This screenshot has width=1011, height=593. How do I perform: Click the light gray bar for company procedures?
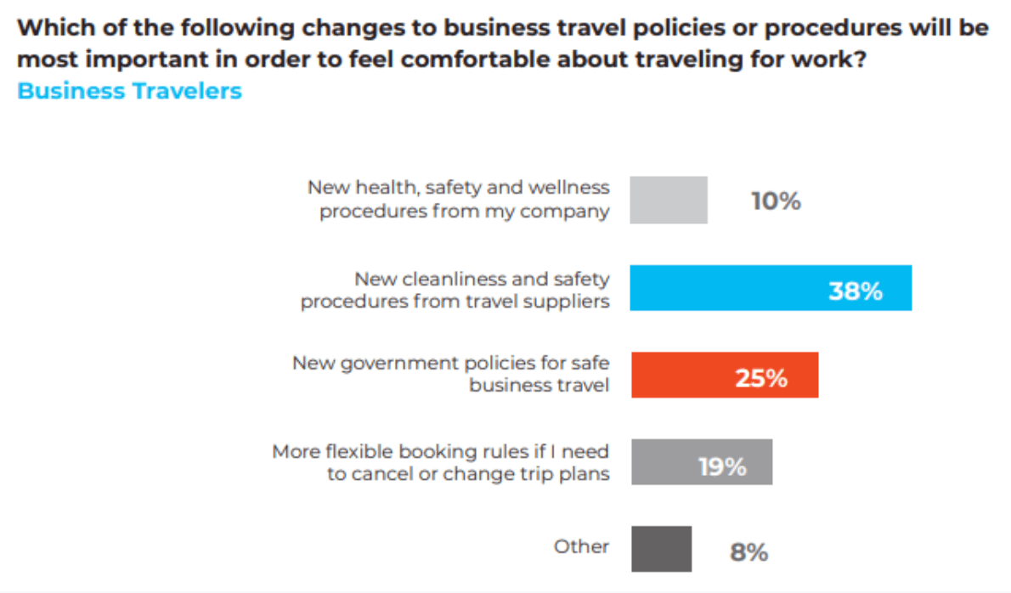pos(668,200)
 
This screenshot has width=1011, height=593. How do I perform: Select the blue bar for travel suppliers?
pos(770,287)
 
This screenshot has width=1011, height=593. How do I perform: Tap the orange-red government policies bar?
pos(724,375)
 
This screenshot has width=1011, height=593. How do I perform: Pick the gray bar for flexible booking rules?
pos(701,461)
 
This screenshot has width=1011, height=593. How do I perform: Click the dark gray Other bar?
pos(661,549)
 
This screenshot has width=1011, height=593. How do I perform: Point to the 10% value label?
pos(776,201)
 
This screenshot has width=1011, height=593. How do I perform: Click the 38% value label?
pos(856,291)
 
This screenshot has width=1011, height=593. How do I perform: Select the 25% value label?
pos(761,378)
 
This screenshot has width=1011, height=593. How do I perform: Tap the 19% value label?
pos(722,466)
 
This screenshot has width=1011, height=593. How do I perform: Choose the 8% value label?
pos(748,553)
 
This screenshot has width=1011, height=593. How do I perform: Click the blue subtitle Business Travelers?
pos(130,91)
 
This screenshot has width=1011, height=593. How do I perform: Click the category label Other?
pos(581,546)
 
